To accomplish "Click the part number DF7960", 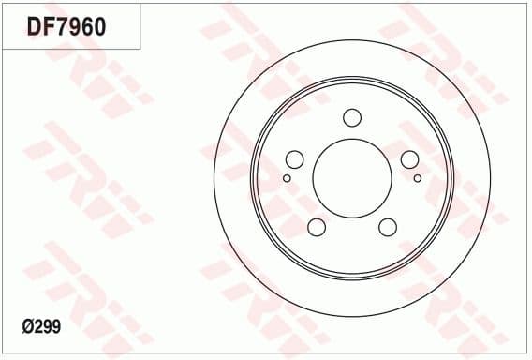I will pos(66,26).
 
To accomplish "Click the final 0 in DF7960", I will pos(97,26).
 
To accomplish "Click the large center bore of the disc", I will pos(351,178).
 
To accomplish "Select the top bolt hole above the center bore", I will pos(352,117).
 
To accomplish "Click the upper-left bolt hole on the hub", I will pos(294,159).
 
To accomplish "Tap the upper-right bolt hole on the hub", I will pos(409,159).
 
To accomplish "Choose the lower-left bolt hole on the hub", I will pos(317,227).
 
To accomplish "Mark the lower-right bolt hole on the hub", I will pos(387,227).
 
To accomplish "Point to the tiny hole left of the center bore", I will pos(287,177).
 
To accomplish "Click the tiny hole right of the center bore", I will pos(417,177).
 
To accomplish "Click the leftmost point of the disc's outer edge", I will pos(214,178).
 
